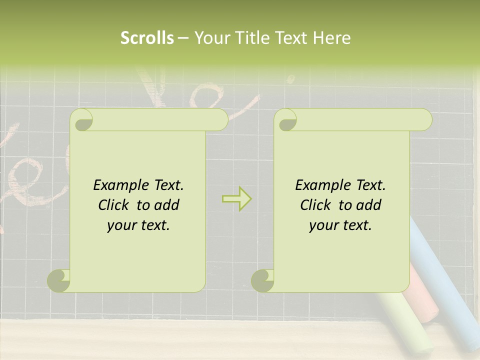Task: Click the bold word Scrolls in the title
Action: [147, 38]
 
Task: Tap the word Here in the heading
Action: [332, 38]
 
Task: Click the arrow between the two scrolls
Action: [237, 198]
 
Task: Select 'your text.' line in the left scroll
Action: [138, 225]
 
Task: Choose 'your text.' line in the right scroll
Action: [340, 225]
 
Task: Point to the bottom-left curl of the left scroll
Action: [59, 280]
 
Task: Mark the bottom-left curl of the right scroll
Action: [262, 280]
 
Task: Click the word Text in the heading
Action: [290, 38]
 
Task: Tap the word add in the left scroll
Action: [166, 205]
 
